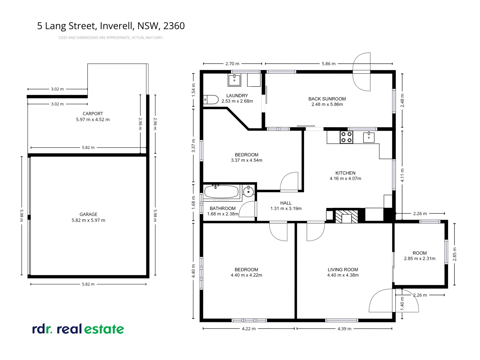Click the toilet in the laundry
pyautogui.click(x=211, y=99)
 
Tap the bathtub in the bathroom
pyautogui.click(x=221, y=192)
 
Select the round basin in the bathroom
pyautogui.click(x=248, y=192)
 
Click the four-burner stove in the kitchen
pyautogui.click(x=346, y=137)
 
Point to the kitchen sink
pyautogui.click(x=369, y=137)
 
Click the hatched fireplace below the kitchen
pyautogui.click(x=346, y=216)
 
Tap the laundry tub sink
pyautogui.click(x=234, y=80)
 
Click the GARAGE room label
pyautogui.click(x=88, y=214)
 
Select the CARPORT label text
pyautogui.click(x=93, y=114)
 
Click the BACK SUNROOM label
pyautogui.click(x=327, y=99)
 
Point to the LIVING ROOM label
pyautogui.click(x=343, y=270)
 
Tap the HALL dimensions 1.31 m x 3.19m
pyautogui.click(x=286, y=209)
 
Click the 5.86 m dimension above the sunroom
pyautogui.click(x=328, y=64)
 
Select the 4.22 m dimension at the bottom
pyautogui.click(x=249, y=329)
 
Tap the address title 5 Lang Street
pyautogui.click(x=111, y=26)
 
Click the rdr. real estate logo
pyautogui.click(x=78, y=329)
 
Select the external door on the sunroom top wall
pyautogui.click(x=362, y=72)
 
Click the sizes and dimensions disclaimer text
pyautogui.click(x=111, y=38)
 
